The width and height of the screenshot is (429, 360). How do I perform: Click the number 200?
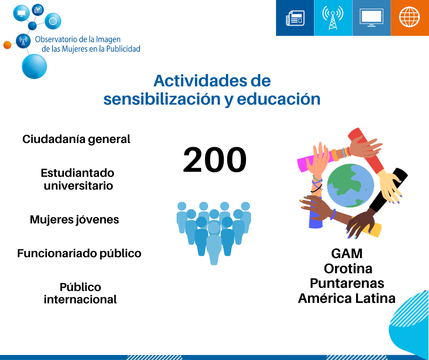pyautogui.click(x=215, y=160)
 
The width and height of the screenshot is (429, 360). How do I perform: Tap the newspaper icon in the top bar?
pyautogui.click(x=295, y=18)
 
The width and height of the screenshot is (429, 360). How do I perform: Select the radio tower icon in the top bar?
pyautogui.click(x=333, y=17)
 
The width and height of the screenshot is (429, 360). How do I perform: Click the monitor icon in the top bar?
pyautogui.click(x=371, y=18)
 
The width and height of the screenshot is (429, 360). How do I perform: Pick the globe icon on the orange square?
pyautogui.click(x=409, y=17)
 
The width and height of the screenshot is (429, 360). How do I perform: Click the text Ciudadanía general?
pyautogui.click(x=76, y=139)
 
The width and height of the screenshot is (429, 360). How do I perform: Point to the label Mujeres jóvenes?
pyautogui.click(x=74, y=220)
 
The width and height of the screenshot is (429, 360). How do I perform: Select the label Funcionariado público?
pyautogui.click(x=79, y=254)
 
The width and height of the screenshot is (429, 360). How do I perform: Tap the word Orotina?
pyautogui.click(x=348, y=269)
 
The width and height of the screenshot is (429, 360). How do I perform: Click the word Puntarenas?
pyautogui.click(x=347, y=283)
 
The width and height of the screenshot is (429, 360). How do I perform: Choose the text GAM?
pyautogui.click(x=347, y=254)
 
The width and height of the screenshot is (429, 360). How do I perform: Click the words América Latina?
pyautogui.click(x=347, y=298)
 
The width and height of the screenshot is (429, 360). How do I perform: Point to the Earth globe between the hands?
pyautogui.click(x=351, y=185)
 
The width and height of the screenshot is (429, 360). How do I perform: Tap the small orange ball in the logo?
pyautogui.click(x=7, y=45)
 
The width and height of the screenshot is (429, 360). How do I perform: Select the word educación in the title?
pyautogui.click(x=278, y=99)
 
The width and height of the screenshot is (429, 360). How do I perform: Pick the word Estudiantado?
pyautogui.click(x=78, y=173)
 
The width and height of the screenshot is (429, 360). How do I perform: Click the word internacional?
pyautogui.click(x=80, y=299)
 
